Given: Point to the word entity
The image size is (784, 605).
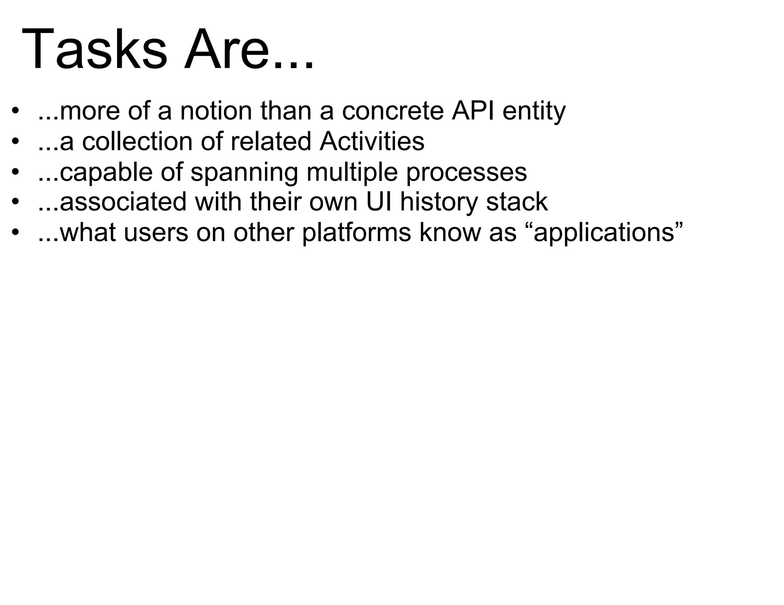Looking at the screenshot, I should point(534,112).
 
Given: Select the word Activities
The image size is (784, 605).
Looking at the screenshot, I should point(372,141).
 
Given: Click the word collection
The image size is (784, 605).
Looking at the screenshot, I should point(138,141).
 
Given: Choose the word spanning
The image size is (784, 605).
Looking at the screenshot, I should point(244,172).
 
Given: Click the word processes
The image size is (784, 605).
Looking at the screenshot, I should point(466,172).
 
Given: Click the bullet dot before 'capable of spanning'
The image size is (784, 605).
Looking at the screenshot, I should point(15,172).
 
